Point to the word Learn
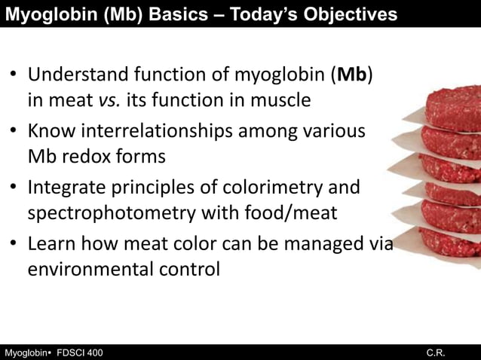(x=51, y=243)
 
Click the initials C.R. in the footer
(x=435, y=352)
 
